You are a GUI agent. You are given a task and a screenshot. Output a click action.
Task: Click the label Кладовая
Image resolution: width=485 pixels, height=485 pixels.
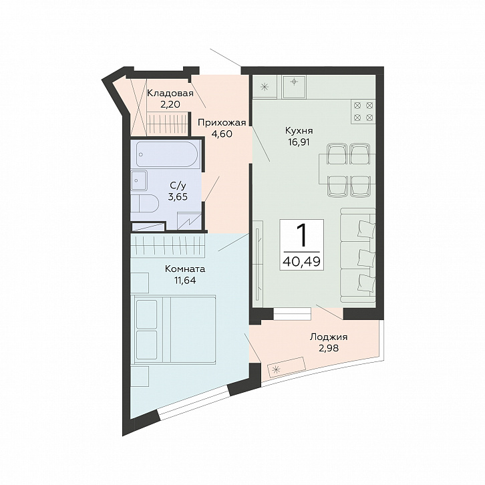(170, 93)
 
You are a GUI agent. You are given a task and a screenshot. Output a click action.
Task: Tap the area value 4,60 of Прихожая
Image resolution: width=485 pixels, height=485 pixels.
(221, 134)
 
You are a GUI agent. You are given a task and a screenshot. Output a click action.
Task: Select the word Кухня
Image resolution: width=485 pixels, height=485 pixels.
(299, 131)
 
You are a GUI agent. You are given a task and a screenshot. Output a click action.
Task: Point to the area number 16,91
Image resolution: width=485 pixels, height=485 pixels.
(299, 142)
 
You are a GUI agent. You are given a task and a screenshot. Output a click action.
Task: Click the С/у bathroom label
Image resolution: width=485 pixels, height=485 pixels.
(178, 185)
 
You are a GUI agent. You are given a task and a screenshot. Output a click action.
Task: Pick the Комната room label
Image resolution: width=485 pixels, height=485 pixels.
(185, 269)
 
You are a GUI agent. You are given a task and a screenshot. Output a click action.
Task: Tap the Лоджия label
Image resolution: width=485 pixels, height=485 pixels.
(329, 337)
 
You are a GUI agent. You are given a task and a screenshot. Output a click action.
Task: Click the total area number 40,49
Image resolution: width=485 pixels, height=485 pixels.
(301, 262)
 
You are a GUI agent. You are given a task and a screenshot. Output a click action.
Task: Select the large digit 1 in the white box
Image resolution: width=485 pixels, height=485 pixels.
(302, 235)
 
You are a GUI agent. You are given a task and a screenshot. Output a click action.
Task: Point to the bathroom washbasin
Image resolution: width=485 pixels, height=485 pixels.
(139, 180)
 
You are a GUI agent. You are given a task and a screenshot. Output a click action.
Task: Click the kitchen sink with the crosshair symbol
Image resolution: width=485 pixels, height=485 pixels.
(294, 86)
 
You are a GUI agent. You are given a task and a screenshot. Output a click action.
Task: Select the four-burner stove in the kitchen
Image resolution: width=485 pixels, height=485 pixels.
(363, 111)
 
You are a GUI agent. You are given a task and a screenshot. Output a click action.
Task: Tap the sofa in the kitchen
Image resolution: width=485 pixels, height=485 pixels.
(358, 255)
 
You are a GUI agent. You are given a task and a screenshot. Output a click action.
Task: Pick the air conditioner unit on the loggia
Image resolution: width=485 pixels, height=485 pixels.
(287, 367)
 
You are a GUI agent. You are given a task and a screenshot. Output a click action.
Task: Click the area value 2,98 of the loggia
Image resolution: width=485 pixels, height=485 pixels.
(329, 349)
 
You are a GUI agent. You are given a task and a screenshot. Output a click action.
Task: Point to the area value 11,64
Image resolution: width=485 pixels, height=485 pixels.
(185, 281)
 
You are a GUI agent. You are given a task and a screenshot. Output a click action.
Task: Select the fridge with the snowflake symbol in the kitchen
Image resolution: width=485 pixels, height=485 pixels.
(265, 87)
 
